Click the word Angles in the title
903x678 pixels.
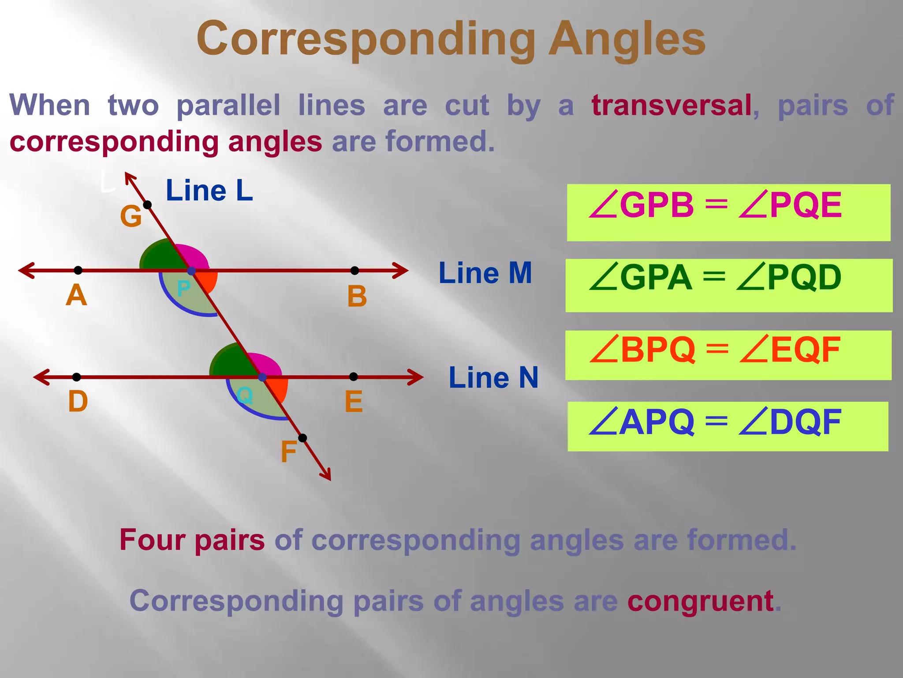tap(627, 40)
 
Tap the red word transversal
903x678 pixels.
tap(672, 106)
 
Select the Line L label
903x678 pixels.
tap(209, 191)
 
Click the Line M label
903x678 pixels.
tap(485, 273)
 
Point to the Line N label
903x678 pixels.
tap(493, 378)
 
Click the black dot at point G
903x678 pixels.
tap(148, 205)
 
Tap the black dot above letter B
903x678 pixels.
tap(354, 270)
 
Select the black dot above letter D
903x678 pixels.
tap(77, 377)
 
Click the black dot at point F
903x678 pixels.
tap(302, 438)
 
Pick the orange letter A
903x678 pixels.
tap(76, 295)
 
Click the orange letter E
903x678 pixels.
tap(354, 402)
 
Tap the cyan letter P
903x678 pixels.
tap(183, 289)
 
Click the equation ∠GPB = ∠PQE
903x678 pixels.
tap(715, 206)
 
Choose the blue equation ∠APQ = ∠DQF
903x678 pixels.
tap(715, 423)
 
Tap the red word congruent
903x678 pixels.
tap(700, 601)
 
